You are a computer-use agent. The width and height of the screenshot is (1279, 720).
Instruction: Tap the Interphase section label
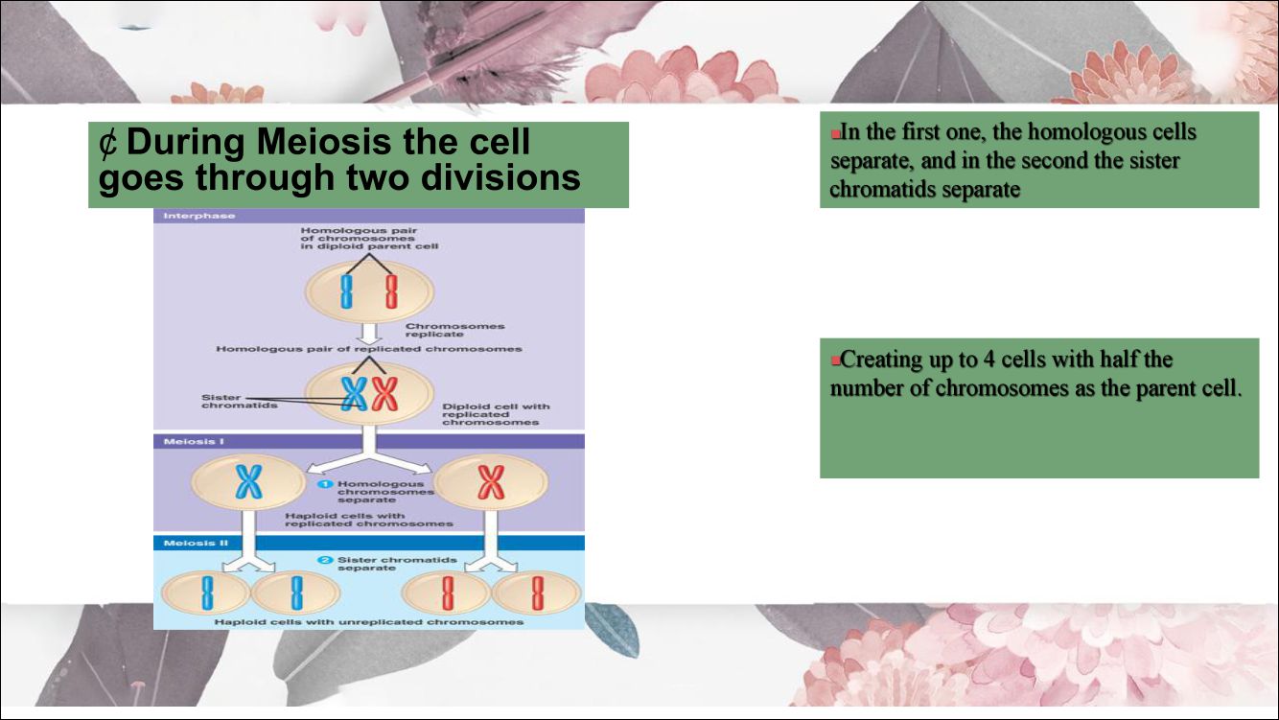click(186, 216)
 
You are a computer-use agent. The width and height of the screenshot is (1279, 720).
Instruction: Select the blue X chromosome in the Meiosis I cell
click(248, 485)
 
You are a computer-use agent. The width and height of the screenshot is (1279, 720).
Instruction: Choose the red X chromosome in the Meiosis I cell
click(491, 485)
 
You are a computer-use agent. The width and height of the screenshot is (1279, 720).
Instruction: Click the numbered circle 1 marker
click(327, 485)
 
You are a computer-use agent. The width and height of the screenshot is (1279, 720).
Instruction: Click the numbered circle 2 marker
click(325, 560)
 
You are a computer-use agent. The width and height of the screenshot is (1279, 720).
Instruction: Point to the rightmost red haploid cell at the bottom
click(537, 592)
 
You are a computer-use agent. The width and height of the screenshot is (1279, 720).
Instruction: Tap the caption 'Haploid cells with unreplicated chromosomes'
click(369, 622)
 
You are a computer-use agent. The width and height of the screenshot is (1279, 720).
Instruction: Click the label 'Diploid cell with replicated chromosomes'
click(495, 414)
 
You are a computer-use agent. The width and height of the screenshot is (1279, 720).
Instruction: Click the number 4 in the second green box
click(988, 361)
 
